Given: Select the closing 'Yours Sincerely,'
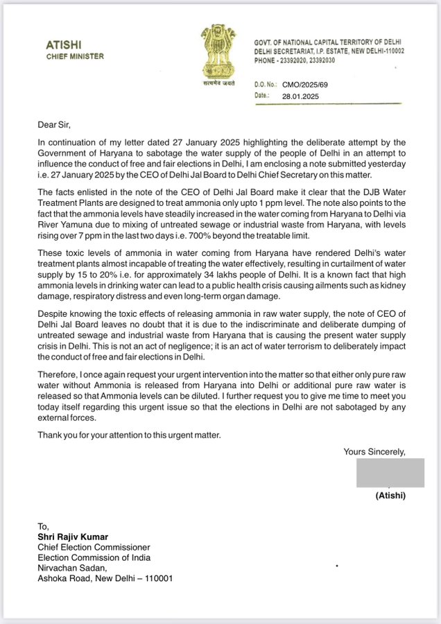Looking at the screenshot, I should [374, 452].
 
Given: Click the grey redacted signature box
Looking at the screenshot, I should [390, 473].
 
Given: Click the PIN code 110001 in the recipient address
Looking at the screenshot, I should [156, 578].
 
